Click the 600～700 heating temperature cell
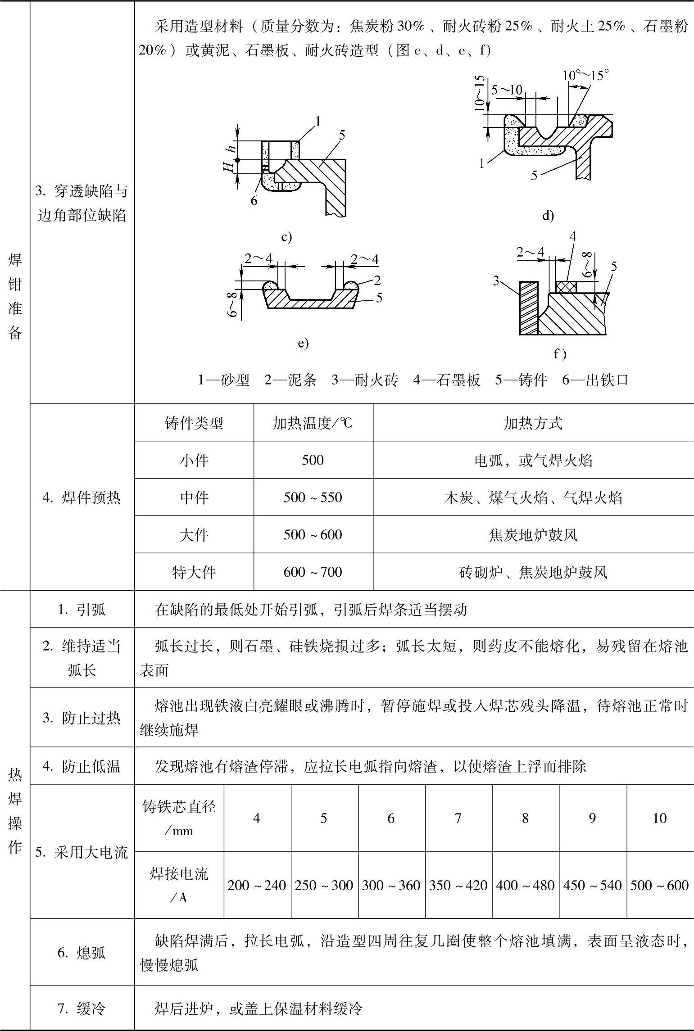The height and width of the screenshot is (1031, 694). coord(313,572)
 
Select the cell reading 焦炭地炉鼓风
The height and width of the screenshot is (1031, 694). coord(533,535)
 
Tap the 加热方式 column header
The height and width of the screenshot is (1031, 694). coord(533,423)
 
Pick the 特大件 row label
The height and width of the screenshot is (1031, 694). coord(194,572)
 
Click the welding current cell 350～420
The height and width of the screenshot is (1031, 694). coord(458,885)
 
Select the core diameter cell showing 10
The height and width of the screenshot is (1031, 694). coord(659,818)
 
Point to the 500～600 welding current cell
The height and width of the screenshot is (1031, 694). coord(659,885)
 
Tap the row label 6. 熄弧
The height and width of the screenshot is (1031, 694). coord(82,953)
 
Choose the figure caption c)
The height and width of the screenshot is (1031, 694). coord(286,237)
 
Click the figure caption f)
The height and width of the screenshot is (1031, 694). coord(560,354)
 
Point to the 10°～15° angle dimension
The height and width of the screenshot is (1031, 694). coord(585,75)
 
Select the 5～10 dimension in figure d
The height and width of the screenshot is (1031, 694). coord(507,90)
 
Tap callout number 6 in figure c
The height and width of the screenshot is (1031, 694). coord(254,201)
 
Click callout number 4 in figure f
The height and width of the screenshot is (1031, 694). coord(573,236)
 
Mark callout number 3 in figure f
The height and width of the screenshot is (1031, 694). coord(496,281)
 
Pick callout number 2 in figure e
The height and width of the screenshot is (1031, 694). coord(377,280)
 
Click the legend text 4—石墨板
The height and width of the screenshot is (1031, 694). coord(446,380)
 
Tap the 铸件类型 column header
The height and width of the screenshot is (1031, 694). coord(194,423)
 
